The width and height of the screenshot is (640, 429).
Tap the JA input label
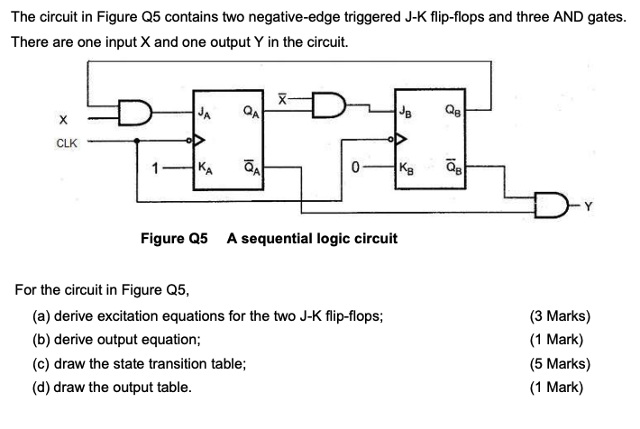point(206,113)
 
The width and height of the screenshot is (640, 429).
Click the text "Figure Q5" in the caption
point(174,239)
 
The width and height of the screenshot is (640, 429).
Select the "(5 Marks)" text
point(562,364)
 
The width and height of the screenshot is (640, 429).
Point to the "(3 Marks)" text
point(562,315)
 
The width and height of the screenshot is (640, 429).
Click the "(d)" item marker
point(41,388)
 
